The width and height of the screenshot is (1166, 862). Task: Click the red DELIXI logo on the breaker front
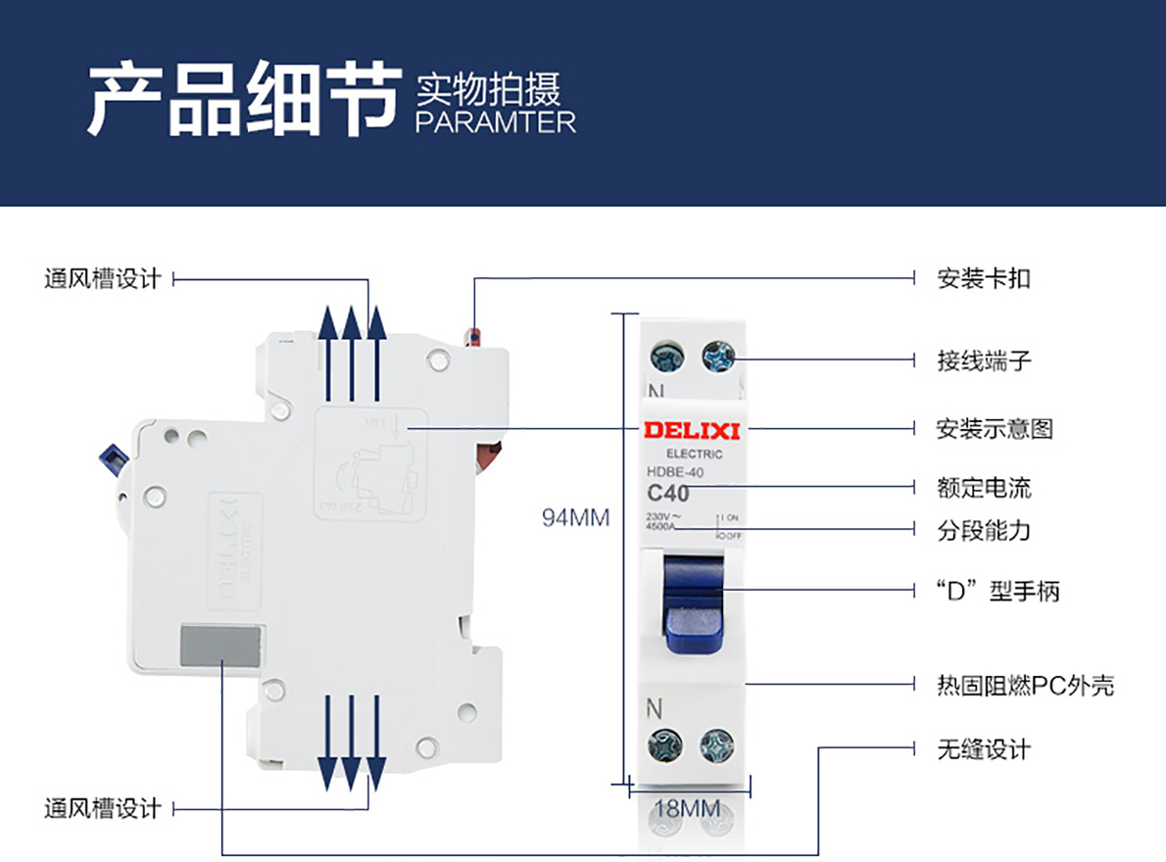tap(692, 430)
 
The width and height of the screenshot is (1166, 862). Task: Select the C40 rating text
tap(668, 494)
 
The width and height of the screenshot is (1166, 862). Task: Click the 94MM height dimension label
tap(576, 517)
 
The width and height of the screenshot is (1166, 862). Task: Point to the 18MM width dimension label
tap(687, 808)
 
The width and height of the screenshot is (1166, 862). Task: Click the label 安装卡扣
tap(984, 279)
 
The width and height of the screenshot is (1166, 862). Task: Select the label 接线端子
tap(984, 360)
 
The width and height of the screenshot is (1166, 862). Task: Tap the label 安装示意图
tap(995, 429)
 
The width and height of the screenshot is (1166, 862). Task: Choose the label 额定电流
tap(984, 487)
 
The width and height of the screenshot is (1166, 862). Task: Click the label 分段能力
tap(984, 531)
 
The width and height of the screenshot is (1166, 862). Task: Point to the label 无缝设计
tap(984, 750)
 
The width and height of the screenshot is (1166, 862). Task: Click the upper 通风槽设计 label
tap(102, 279)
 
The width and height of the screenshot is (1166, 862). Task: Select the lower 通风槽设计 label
tap(102, 809)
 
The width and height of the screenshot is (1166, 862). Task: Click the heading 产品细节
tap(244, 100)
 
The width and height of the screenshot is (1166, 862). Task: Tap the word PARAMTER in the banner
tap(496, 122)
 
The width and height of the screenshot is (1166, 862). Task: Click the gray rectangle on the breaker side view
tap(220, 647)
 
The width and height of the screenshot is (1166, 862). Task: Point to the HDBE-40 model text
tap(675, 472)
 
